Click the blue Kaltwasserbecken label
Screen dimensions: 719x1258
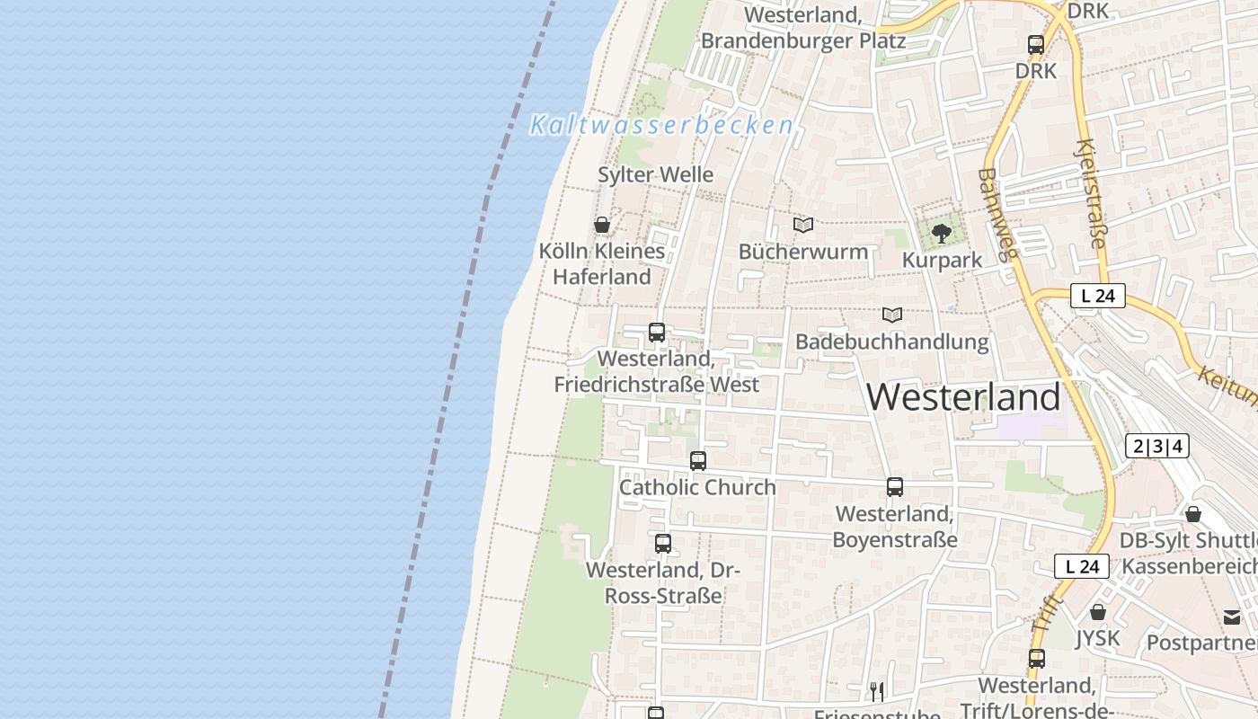click(661, 125)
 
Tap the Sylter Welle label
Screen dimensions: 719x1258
click(656, 174)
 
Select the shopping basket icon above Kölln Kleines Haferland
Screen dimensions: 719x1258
click(602, 225)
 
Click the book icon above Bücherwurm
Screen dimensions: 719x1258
click(802, 225)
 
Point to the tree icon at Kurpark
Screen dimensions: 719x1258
click(941, 234)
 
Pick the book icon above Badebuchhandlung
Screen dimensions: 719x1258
click(891, 315)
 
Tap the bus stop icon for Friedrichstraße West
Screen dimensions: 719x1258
click(657, 333)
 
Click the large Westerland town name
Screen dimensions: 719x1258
click(964, 397)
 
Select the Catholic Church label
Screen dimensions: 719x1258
click(697, 487)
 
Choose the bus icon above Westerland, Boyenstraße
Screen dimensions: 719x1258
click(895, 487)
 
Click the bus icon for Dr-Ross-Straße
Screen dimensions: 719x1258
click(663, 544)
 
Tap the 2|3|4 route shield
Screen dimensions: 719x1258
click(1157, 446)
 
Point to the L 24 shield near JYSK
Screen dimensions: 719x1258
click(1082, 566)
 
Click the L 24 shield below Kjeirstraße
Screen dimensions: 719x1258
click(1097, 296)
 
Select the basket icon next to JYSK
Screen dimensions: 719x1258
click(1097, 613)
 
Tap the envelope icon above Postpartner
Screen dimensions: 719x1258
click(1231, 617)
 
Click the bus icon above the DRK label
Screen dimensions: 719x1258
click(1036, 44)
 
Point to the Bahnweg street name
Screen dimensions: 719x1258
click(997, 214)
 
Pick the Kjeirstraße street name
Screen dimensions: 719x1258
click(1091, 193)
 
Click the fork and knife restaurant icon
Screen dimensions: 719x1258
click(876, 691)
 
